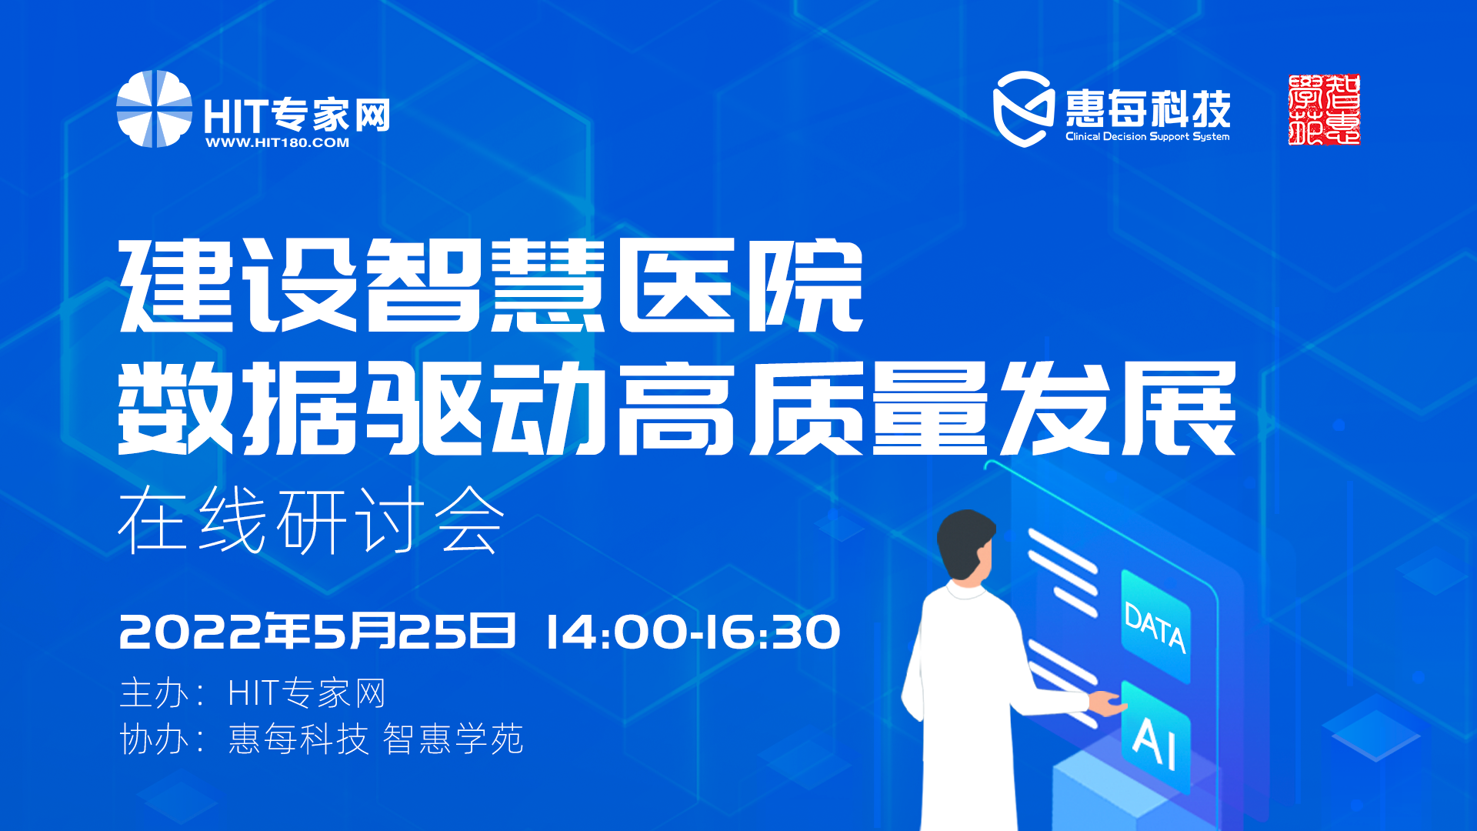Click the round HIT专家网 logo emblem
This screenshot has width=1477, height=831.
(154, 108)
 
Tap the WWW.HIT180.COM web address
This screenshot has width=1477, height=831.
(278, 142)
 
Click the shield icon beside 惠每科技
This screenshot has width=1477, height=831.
(1023, 108)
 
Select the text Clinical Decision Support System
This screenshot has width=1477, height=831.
(1147, 136)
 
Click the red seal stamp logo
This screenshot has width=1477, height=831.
(1324, 109)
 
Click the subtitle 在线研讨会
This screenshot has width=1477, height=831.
(312, 521)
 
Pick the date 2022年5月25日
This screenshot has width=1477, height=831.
(317, 632)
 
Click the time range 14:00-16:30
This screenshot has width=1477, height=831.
(693, 632)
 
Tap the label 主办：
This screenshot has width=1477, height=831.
(162, 693)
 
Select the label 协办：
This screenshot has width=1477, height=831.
(162, 739)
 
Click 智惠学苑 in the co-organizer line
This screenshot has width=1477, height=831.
(453, 739)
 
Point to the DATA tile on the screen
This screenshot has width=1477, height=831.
(1155, 626)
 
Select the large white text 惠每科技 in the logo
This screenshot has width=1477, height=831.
(1148, 108)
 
